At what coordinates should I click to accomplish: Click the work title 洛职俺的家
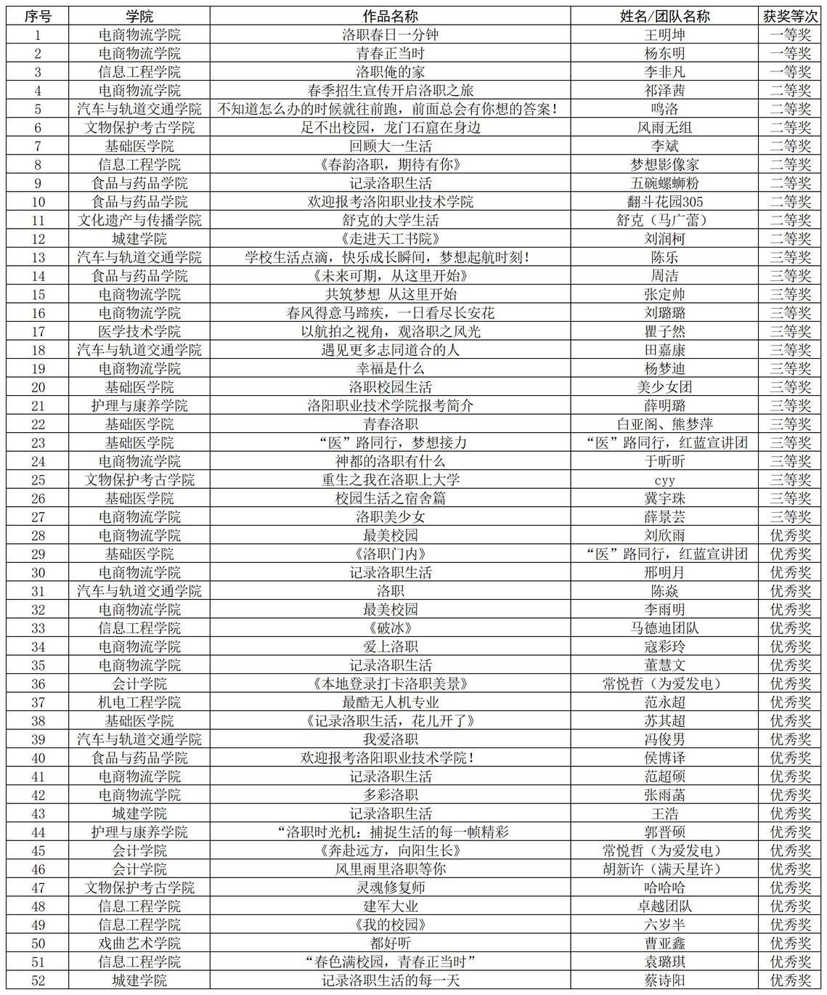tap(390, 71)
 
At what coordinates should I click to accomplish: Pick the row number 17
tap(38, 331)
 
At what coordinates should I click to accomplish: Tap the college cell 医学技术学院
tap(139, 331)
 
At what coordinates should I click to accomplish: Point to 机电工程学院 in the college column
tap(139, 702)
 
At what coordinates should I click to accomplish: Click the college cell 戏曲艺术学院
tap(139, 943)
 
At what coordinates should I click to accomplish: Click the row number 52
tap(38, 980)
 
